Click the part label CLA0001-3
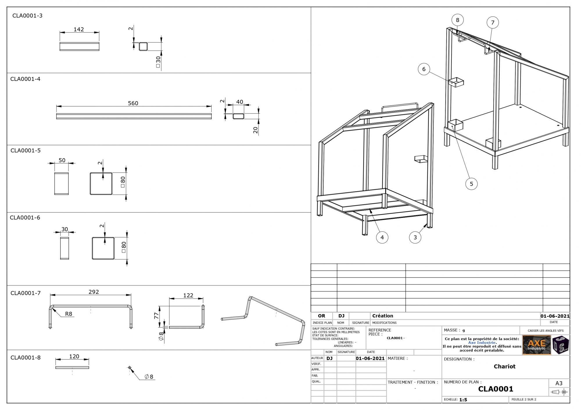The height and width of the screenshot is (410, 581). [27, 16]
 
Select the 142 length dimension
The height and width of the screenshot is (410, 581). [79, 29]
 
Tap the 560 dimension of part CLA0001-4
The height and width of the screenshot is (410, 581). [133, 103]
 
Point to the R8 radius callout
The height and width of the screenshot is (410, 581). [69, 314]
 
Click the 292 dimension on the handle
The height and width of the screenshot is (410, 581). [94, 292]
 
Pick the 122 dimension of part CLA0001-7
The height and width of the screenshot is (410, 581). [188, 295]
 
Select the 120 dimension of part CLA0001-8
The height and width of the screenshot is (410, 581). [74, 357]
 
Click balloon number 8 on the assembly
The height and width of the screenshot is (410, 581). [458, 20]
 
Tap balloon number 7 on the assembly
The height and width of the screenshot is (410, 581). [493, 23]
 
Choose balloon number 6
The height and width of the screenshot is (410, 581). [424, 69]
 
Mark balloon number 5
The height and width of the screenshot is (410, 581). [471, 184]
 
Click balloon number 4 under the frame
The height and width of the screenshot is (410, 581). [382, 237]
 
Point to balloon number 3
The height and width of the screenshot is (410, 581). [415, 237]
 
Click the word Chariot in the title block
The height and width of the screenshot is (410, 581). [505, 366]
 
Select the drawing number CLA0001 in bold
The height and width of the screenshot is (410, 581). [496, 389]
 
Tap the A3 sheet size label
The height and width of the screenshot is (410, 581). [559, 383]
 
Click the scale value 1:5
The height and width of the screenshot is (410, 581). [463, 400]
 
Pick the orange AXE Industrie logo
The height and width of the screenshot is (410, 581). [537, 345]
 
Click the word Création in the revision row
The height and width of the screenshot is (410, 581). [383, 316]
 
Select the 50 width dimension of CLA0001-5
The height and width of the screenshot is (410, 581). [62, 160]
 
